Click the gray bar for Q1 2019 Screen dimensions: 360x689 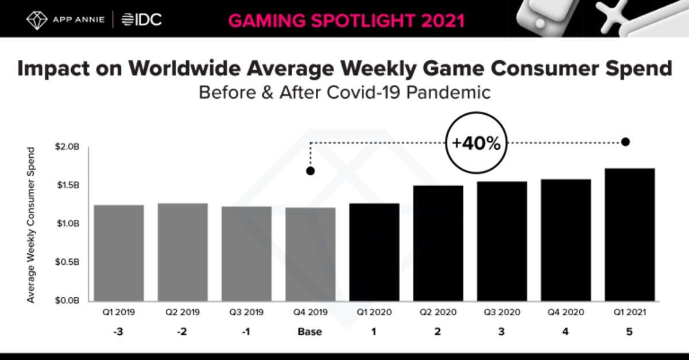tap(119, 253)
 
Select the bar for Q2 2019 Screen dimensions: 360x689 tap(183, 252)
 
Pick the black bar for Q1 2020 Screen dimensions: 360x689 tap(374, 252)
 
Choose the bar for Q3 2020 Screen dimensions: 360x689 tap(502, 241)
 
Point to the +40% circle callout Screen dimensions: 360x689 tap(476, 144)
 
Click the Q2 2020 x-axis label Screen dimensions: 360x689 tap(438, 313)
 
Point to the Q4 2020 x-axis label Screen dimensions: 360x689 tap(566, 313)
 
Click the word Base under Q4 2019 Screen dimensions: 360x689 tap(310, 332)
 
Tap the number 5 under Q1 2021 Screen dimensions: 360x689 tap(629, 332)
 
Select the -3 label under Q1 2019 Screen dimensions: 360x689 tap(119, 332)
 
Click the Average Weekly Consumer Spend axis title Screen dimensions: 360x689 tap(31, 224)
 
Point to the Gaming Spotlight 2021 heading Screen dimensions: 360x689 tap(346, 20)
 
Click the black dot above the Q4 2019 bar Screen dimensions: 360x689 tap(311, 171)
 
